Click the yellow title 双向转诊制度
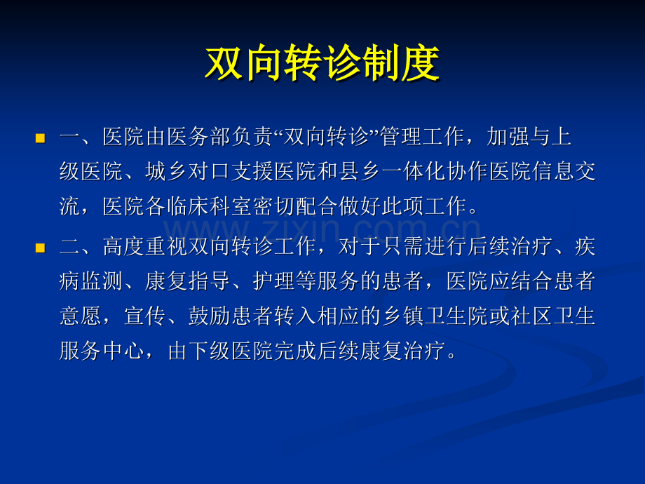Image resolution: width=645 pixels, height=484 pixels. [323, 64]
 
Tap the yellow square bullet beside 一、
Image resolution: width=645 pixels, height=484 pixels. [41, 138]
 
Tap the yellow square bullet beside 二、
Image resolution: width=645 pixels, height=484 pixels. [41, 248]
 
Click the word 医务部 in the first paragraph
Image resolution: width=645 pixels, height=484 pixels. [198, 137]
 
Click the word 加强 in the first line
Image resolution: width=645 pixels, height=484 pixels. [508, 137]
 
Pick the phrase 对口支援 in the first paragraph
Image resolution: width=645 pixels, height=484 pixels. [231, 172]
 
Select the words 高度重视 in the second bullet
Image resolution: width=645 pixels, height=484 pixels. [145, 247]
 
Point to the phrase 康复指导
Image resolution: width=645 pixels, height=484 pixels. [188, 281]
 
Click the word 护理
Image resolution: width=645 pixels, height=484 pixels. [274, 281]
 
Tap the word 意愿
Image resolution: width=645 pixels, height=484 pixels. [81, 316]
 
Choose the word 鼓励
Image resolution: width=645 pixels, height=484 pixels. [210, 316]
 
